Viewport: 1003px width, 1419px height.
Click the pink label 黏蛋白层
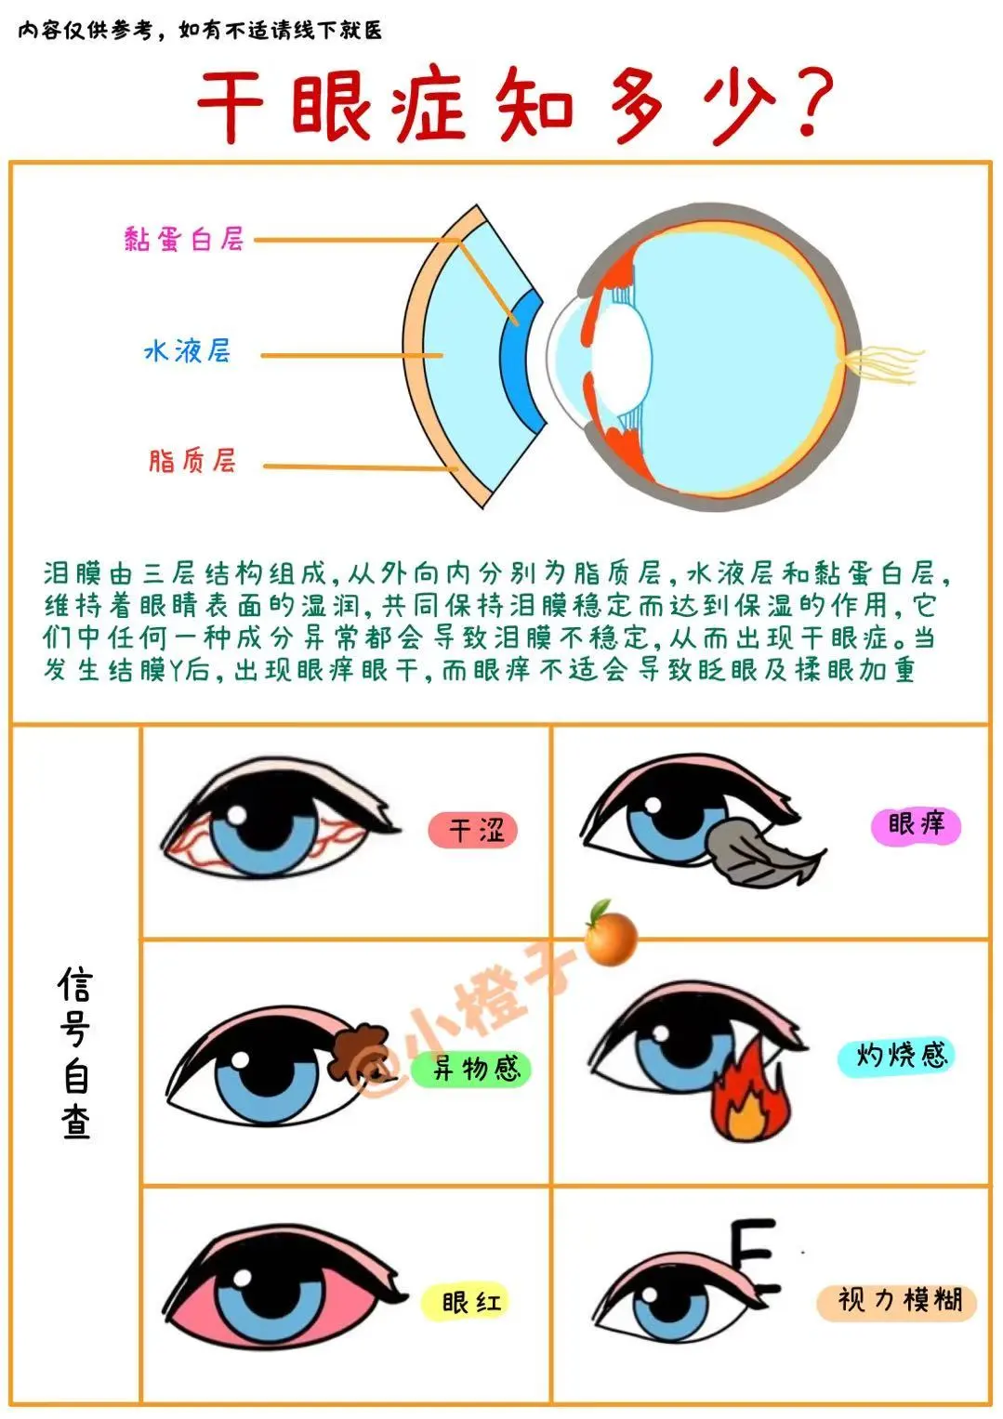(x=184, y=240)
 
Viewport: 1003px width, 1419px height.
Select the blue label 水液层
(x=187, y=350)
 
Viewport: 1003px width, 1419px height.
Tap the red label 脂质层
(x=192, y=461)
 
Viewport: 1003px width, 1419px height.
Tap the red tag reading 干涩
(x=473, y=831)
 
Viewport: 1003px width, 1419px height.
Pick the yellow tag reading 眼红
(x=466, y=1303)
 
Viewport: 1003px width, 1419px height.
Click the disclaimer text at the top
(x=200, y=30)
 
